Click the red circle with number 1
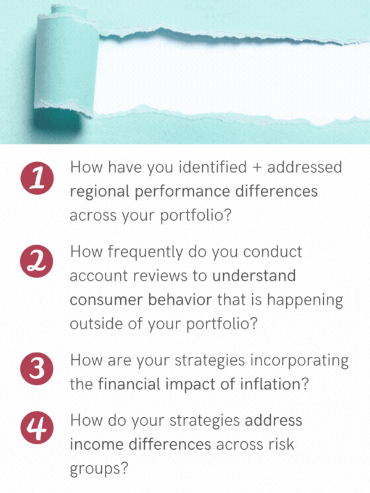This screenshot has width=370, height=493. [x=37, y=178]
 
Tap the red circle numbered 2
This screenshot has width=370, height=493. [x=36, y=261]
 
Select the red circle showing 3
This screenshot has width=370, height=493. [x=37, y=369]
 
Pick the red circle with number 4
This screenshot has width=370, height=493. [x=37, y=428]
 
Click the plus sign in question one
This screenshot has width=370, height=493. [x=257, y=168]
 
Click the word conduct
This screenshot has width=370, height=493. [x=273, y=252]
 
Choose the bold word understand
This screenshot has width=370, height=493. [x=254, y=275]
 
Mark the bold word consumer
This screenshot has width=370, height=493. [x=106, y=300]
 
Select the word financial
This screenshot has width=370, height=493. [x=129, y=384]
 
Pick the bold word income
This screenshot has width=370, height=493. [x=97, y=444]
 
